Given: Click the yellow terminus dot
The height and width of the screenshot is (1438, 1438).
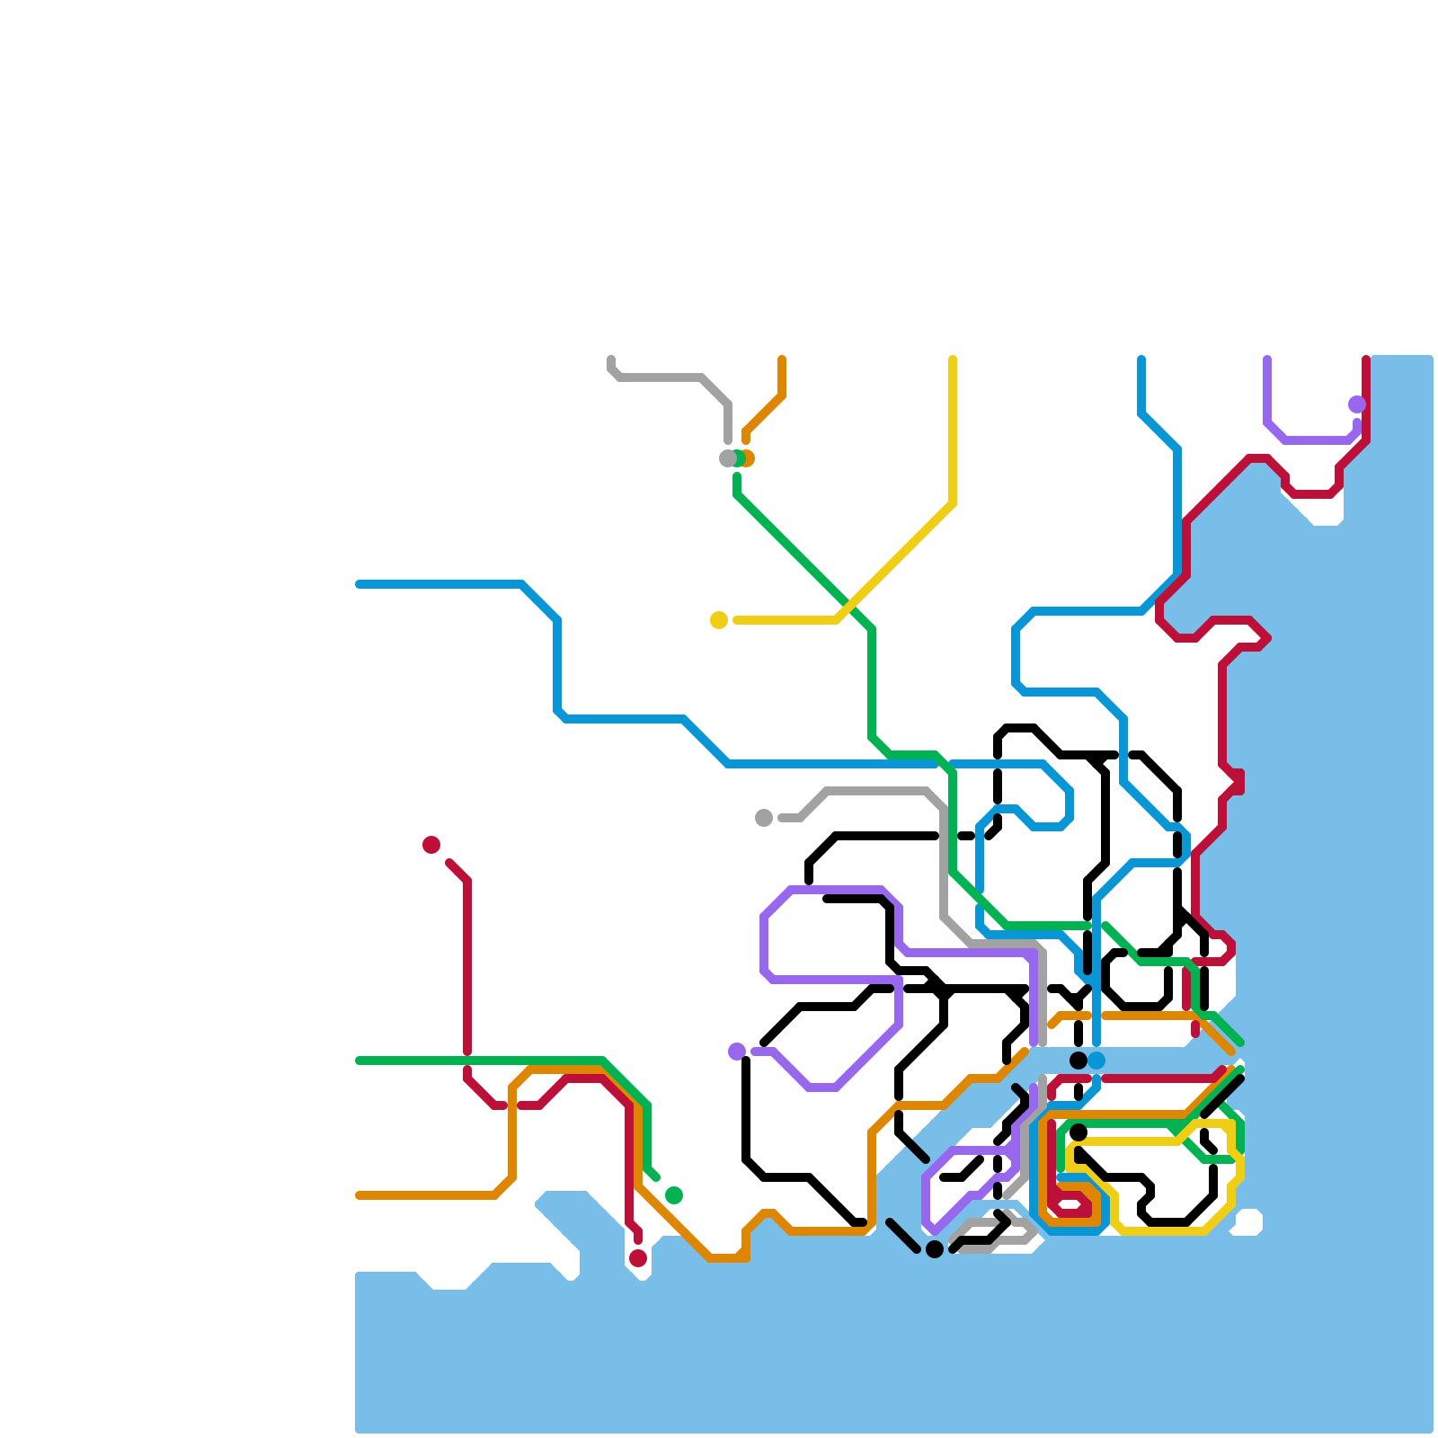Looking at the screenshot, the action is (x=719, y=620).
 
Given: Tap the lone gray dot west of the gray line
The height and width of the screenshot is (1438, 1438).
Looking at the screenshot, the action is (x=764, y=818).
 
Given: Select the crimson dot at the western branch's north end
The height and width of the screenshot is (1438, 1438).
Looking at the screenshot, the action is (x=431, y=845).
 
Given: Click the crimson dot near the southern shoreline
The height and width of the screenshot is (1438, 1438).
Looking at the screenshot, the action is (x=638, y=1258).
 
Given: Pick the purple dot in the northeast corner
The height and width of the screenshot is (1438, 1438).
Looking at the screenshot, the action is (x=1357, y=404).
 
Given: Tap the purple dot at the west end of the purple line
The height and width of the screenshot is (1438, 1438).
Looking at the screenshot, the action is (x=737, y=1052).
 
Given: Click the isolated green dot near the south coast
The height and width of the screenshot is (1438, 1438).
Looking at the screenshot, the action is (x=674, y=1195).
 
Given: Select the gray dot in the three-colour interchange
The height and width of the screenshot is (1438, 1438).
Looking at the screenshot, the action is (x=727, y=458).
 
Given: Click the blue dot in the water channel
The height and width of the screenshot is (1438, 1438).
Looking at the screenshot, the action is (x=1096, y=1061).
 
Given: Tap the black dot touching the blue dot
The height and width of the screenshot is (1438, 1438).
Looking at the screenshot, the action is (x=1078, y=1061).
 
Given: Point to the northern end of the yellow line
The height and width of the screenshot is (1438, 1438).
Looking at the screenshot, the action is (x=953, y=359).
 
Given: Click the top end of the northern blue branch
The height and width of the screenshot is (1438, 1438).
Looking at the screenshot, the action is (x=1141, y=359).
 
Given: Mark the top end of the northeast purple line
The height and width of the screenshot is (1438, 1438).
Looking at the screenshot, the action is (x=1267, y=359).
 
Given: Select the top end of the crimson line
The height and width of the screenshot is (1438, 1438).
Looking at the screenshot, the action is (x=1366, y=359).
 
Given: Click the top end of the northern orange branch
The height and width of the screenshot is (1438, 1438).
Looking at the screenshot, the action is (x=782, y=359).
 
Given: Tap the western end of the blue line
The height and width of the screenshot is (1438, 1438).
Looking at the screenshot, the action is (x=359, y=584).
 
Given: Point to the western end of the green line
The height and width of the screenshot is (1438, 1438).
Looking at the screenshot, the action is (x=359, y=1061).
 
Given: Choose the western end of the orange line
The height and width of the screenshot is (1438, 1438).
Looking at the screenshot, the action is (x=359, y=1195).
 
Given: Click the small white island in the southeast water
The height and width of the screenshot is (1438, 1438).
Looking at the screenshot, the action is (x=1247, y=1222).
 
